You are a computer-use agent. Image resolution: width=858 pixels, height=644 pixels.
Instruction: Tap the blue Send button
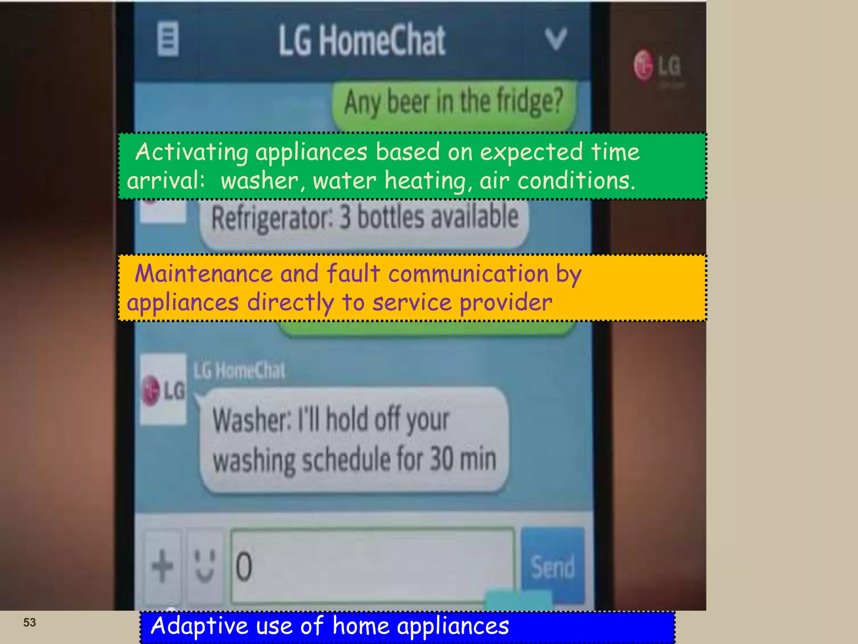click(552, 566)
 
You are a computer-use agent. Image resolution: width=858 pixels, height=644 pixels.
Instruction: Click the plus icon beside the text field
click(162, 566)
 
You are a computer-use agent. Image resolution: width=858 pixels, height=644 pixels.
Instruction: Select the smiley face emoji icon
click(205, 566)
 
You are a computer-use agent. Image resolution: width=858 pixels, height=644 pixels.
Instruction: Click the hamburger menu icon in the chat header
click(168, 39)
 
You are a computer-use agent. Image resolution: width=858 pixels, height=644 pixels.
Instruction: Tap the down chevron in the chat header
click(556, 39)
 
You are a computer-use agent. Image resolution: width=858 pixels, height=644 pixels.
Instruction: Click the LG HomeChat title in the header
click(362, 40)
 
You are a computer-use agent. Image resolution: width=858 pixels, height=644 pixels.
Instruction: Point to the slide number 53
click(29, 622)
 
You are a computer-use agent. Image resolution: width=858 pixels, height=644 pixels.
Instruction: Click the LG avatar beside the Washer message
click(163, 390)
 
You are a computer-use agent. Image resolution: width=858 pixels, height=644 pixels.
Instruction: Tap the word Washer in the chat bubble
click(251, 420)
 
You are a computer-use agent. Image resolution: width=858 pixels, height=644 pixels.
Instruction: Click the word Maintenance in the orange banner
click(204, 274)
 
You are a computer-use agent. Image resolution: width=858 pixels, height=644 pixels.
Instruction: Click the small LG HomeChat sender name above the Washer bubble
click(239, 371)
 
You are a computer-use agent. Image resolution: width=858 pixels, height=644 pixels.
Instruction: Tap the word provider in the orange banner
click(506, 303)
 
